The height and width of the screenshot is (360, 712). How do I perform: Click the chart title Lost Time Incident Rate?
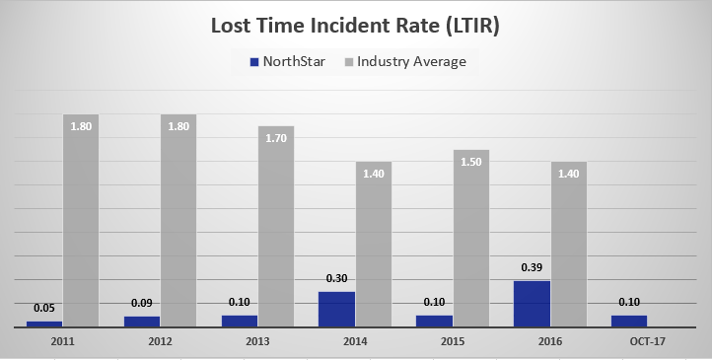[x=355, y=27]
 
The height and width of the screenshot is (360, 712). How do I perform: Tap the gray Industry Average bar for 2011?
[x=81, y=221]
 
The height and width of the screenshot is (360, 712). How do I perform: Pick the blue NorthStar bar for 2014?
[x=336, y=309]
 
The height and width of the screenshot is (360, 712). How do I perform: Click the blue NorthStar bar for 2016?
[x=531, y=303]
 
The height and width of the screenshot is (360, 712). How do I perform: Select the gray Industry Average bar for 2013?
[x=275, y=227]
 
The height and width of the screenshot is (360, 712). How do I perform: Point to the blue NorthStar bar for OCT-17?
[x=628, y=321]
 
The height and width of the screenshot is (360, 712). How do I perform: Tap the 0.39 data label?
[x=531, y=267]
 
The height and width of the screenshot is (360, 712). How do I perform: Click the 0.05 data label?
[x=44, y=308]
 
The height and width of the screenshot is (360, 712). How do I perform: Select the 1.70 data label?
[x=275, y=138]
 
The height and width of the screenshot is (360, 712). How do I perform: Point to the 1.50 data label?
[x=470, y=162]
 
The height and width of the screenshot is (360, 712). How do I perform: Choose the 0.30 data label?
[x=336, y=278]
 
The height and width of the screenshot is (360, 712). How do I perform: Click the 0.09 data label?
[x=141, y=303]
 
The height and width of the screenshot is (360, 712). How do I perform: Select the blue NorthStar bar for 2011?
[x=44, y=323]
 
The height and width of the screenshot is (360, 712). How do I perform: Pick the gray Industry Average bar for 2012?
[x=178, y=221]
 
